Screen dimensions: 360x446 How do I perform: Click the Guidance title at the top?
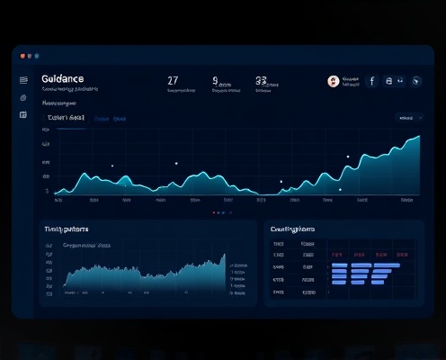tap(63, 79)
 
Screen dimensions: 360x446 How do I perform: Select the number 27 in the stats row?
tap(173, 80)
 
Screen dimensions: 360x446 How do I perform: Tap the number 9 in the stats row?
tap(216, 80)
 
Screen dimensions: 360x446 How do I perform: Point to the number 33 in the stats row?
tap(261, 80)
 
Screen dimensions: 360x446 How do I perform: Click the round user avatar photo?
tap(334, 81)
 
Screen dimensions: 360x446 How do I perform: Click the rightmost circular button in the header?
tap(415, 81)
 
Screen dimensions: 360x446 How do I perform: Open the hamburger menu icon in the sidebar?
tap(23, 80)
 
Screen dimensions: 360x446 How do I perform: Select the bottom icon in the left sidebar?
tap(23, 115)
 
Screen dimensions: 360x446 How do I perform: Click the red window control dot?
tap(21, 56)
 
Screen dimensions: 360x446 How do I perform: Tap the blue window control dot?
tap(35, 56)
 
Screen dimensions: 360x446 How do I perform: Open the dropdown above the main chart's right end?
tap(409, 118)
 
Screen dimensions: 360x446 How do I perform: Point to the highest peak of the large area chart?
tap(418, 138)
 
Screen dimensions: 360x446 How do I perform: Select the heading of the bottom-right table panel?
tap(293, 229)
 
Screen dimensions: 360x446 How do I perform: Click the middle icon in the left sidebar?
tap(23, 97)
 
